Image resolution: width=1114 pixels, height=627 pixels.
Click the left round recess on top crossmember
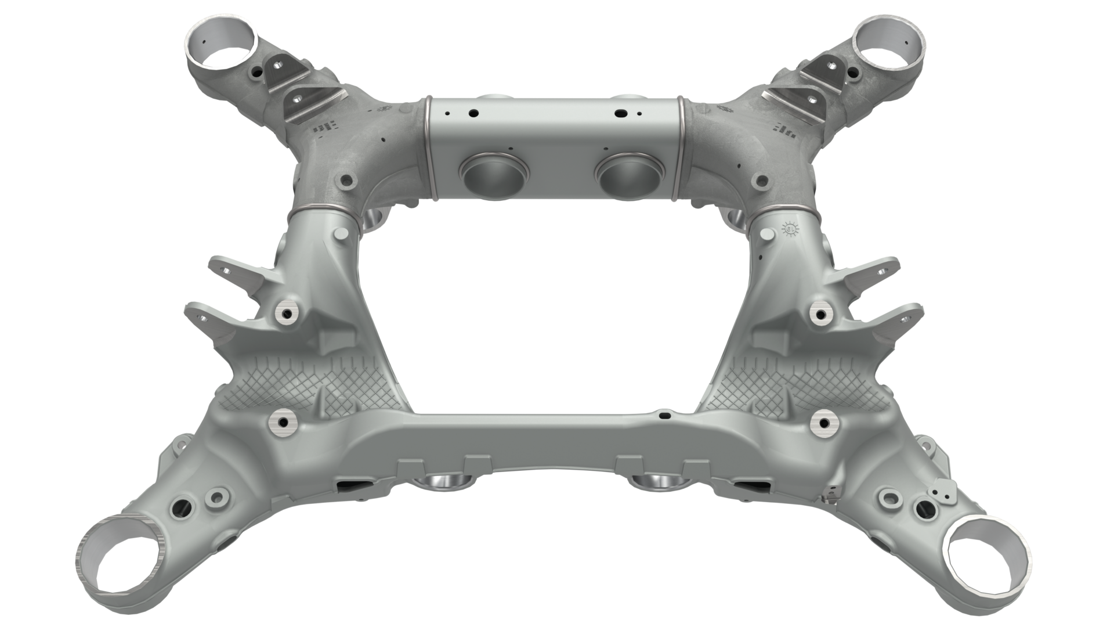[x=493, y=175]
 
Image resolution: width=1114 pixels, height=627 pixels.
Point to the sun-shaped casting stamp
[x=790, y=229]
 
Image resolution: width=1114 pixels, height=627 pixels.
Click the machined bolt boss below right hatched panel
[x=826, y=422]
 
